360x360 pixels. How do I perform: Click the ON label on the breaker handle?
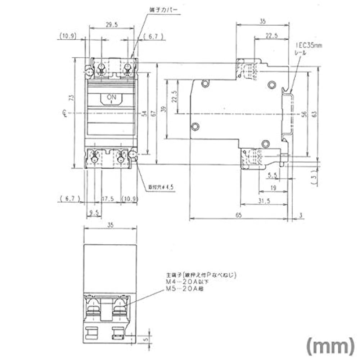112,97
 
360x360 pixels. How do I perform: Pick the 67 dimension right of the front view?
154,114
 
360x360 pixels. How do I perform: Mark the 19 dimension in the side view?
274,187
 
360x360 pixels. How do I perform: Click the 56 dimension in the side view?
305,114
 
